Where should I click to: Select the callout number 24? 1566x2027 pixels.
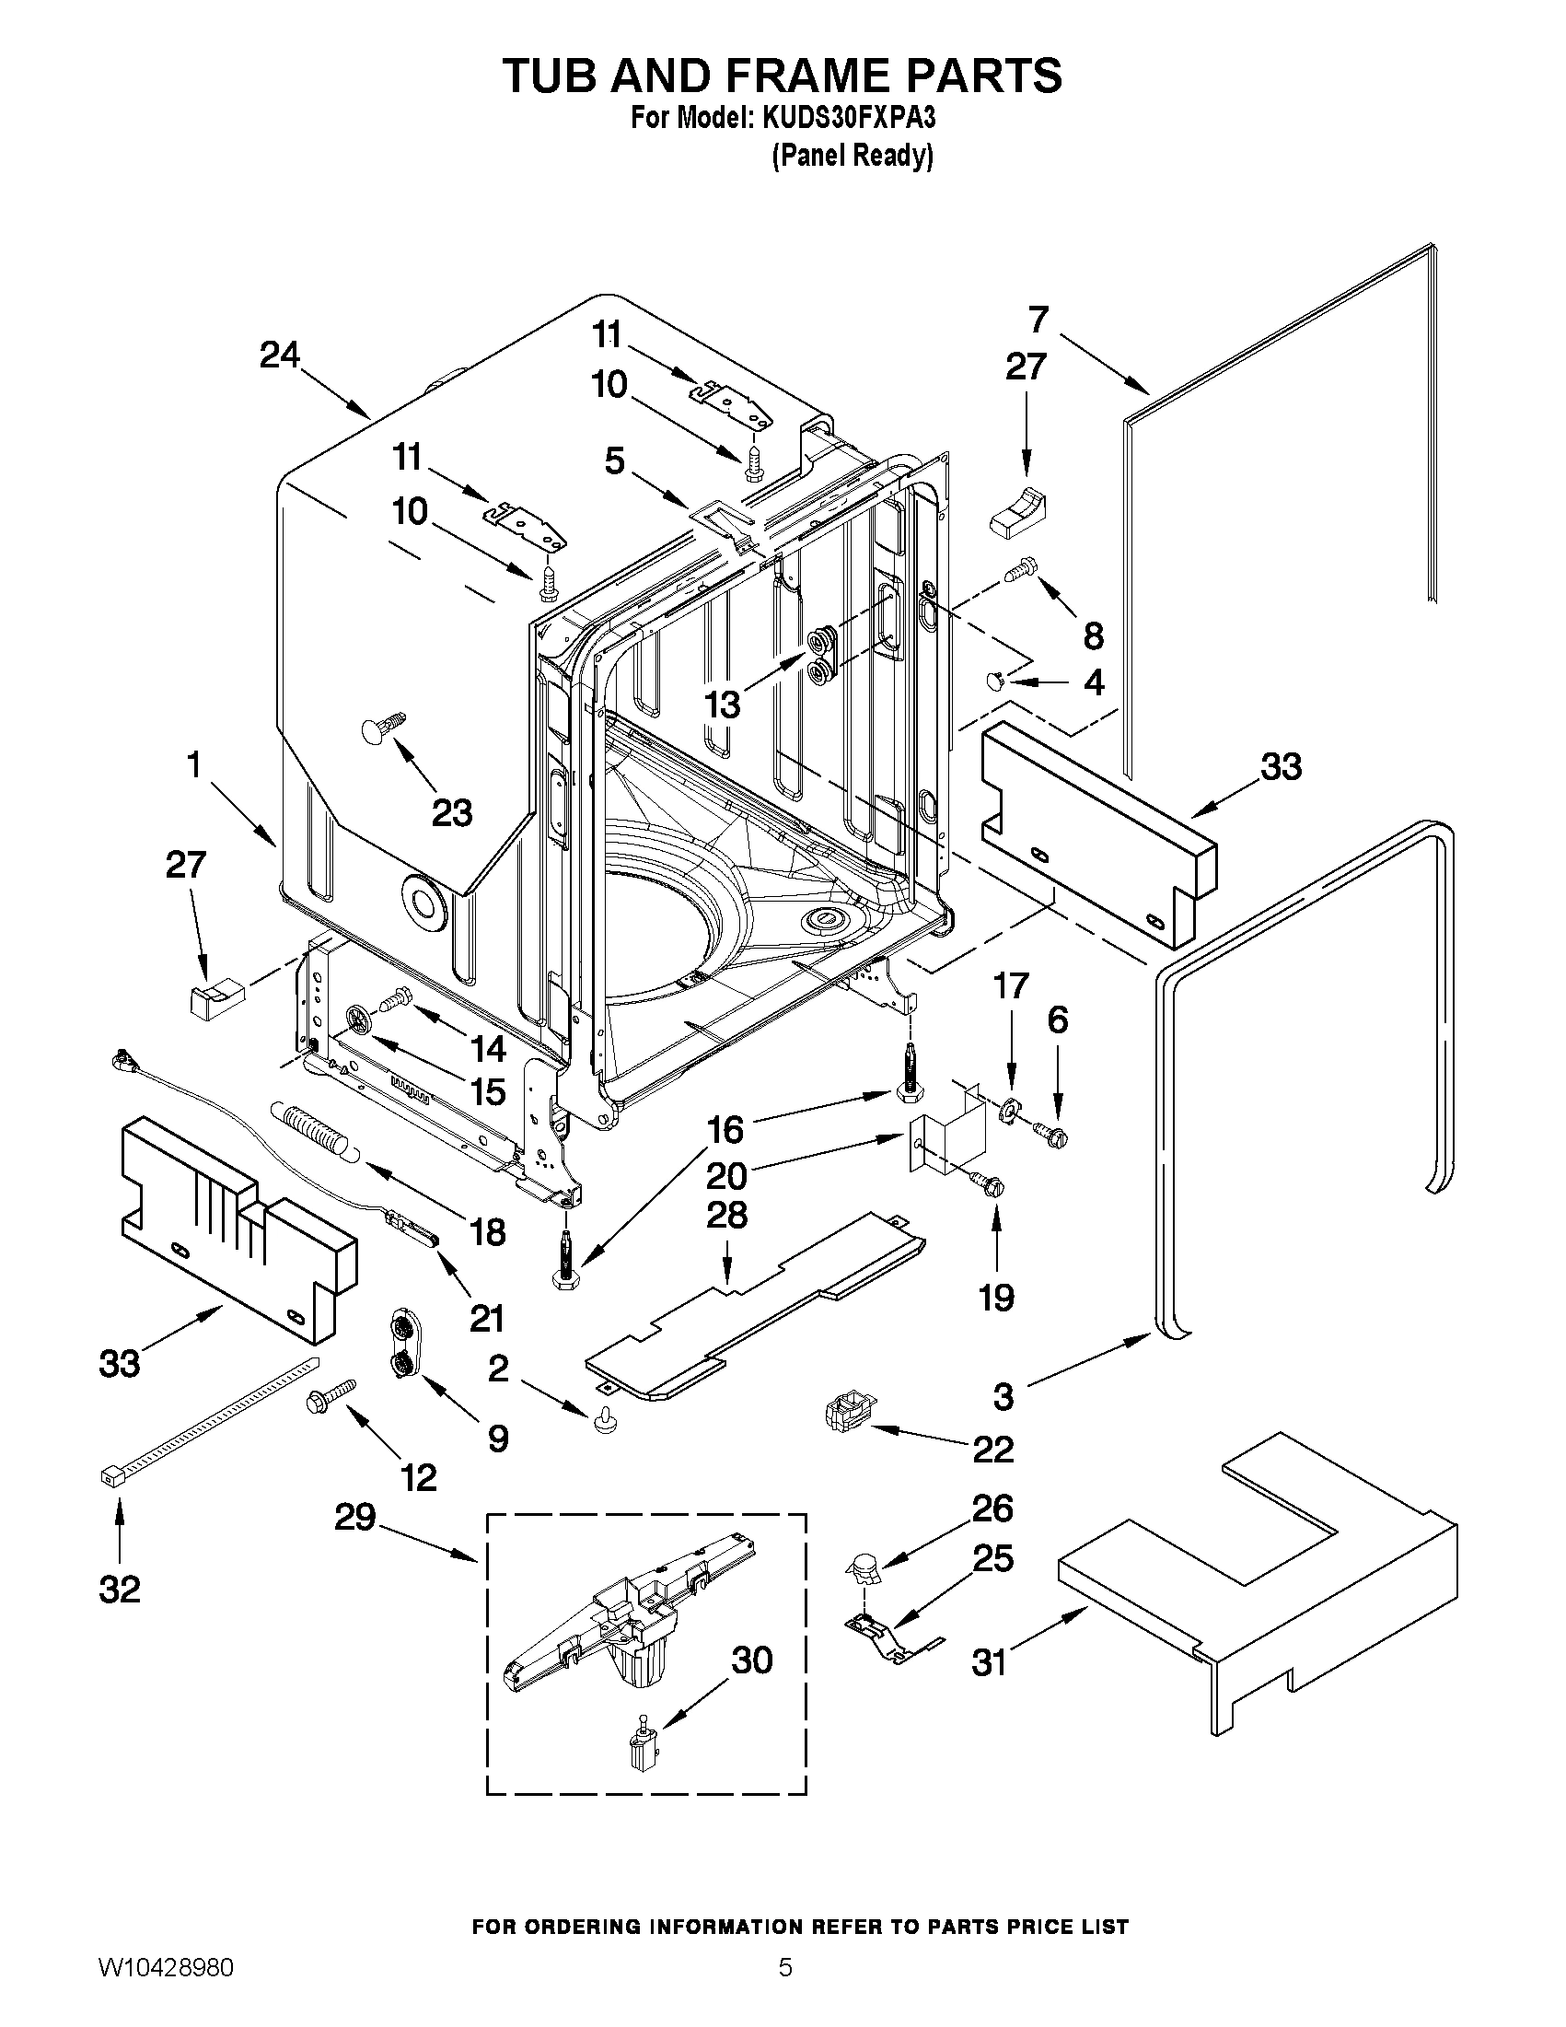[x=279, y=355]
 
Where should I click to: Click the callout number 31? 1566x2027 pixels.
[x=989, y=1662]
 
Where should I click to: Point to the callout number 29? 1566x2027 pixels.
[x=354, y=1519]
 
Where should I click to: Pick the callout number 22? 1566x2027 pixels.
[x=992, y=1449]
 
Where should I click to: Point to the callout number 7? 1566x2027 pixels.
[x=1038, y=320]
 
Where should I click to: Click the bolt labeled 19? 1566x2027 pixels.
[x=986, y=1182]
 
